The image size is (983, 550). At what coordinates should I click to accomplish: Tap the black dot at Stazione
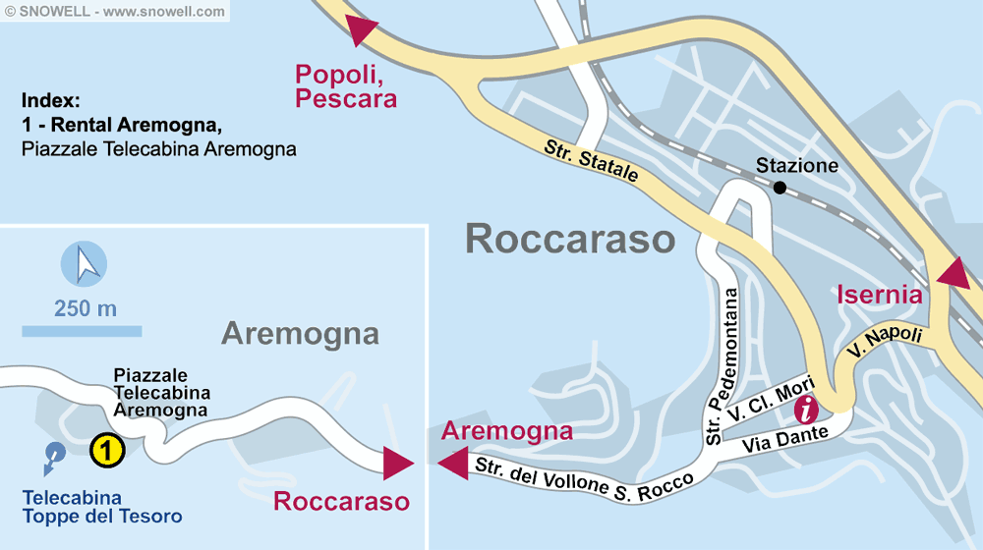click(x=780, y=188)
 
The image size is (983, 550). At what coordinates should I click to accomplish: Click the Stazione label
click(x=796, y=166)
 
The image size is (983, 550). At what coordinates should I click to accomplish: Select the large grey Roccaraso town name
click(x=570, y=239)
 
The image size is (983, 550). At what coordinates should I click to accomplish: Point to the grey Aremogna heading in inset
click(x=300, y=333)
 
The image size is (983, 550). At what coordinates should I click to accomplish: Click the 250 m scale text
click(x=86, y=308)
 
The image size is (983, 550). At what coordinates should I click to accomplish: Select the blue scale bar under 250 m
click(x=82, y=331)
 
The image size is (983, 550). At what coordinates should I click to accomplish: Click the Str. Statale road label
click(x=592, y=162)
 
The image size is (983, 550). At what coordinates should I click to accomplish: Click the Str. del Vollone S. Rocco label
click(x=586, y=475)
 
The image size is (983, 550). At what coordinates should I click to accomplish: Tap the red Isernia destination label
click(x=879, y=294)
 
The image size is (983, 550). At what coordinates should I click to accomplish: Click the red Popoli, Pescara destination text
click(x=346, y=86)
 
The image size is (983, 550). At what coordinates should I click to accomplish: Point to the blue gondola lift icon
click(x=54, y=454)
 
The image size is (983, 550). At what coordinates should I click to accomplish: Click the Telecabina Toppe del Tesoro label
click(x=102, y=507)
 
